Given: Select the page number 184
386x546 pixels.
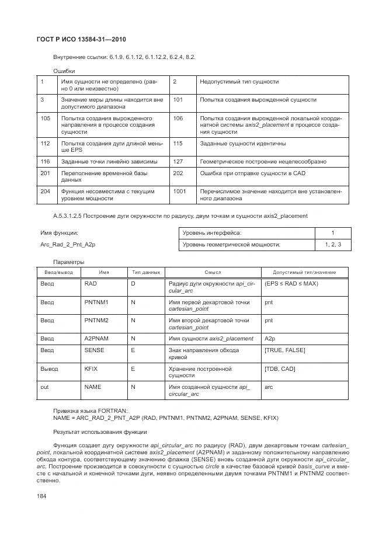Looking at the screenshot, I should coord(43,495).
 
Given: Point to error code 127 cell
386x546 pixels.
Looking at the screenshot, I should coord(178,161).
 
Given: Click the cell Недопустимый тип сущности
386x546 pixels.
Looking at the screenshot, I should coord(239,82).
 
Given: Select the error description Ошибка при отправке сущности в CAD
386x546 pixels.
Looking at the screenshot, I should coord(252,173).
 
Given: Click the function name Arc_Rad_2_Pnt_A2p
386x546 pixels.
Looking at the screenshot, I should coord(67,244).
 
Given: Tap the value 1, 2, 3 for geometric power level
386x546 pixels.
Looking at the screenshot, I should coord(333,244).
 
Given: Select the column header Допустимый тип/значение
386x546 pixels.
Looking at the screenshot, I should coord(304,272).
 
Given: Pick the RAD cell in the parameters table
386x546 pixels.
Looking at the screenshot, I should coord(91,283).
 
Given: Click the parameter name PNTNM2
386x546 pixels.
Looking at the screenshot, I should coord(97,320).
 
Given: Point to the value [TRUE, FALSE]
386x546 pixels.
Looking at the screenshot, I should coord(284,350).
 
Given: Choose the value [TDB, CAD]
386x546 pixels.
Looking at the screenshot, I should coord(280,369).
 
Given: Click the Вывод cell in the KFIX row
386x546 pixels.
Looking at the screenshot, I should coord(49,369).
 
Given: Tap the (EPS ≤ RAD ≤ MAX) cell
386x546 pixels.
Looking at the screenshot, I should coord(291,283).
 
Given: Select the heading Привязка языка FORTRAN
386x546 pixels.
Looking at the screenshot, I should coord(90,411).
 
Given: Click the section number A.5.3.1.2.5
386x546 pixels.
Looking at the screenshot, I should coord(72,216).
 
